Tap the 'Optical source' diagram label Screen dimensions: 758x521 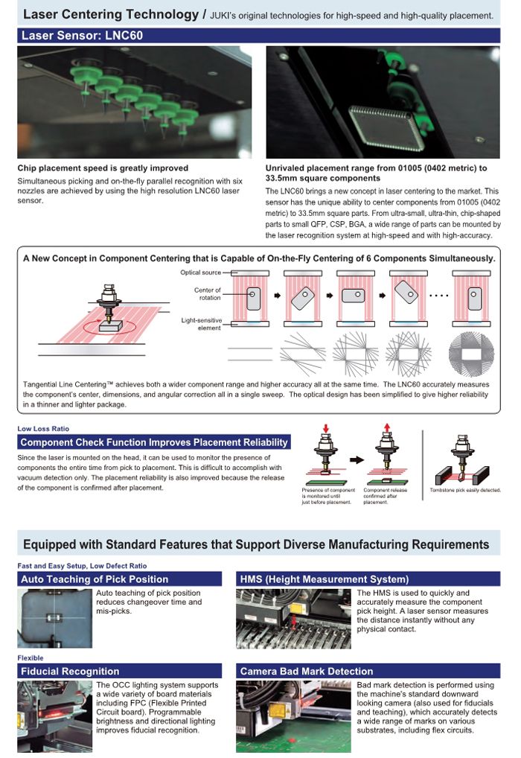[x=200, y=273]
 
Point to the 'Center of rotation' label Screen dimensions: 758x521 [x=207, y=293]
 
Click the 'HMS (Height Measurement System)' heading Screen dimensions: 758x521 [x=325, y=579]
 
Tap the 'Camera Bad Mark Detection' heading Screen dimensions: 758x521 [x=307, y=671]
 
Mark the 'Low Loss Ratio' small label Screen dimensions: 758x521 [x=43, y=429]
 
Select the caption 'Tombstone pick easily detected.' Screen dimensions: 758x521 [x=465, y=490]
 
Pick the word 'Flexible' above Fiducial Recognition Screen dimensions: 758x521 [x=31, y=658]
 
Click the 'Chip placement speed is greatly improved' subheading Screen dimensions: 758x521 [x=103, y=168]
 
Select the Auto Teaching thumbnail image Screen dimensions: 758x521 [x=54, y=618]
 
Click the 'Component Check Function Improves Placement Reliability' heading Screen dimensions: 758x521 [x=154, y=442]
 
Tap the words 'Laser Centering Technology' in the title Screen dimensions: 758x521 [x=110, y=14]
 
